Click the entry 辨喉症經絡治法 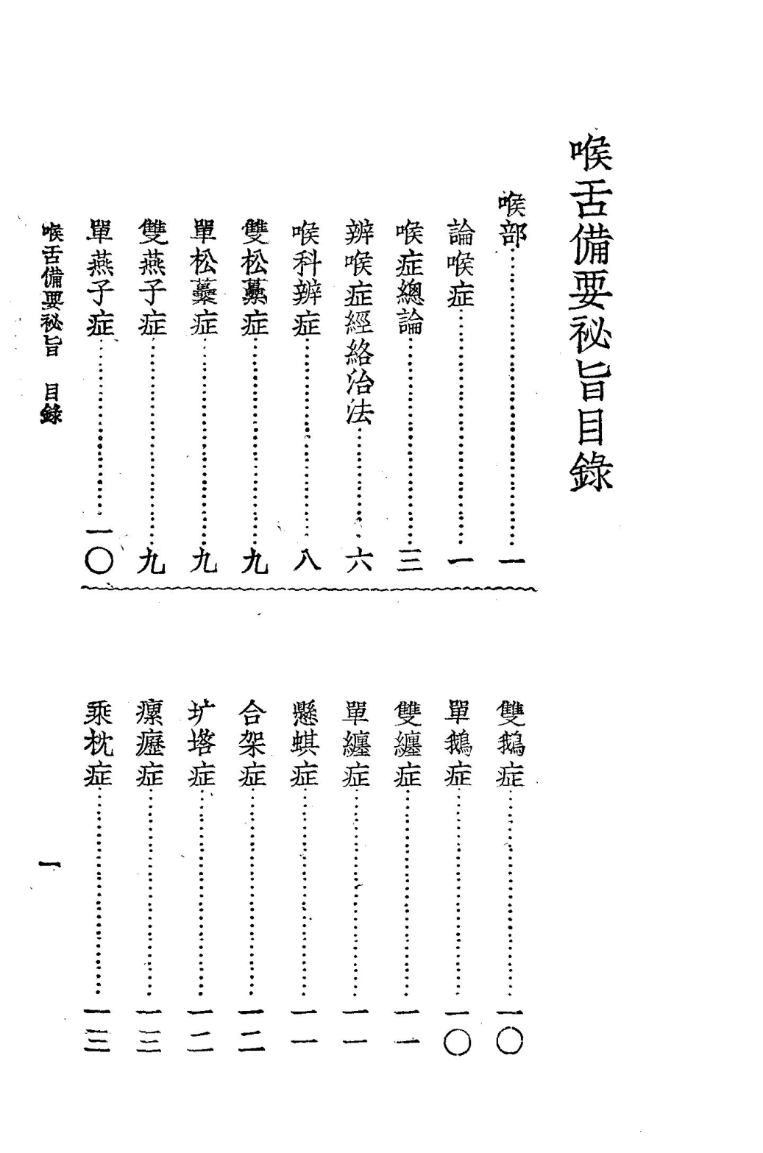click(358, 324)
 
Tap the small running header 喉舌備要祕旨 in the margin click(52, 291)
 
